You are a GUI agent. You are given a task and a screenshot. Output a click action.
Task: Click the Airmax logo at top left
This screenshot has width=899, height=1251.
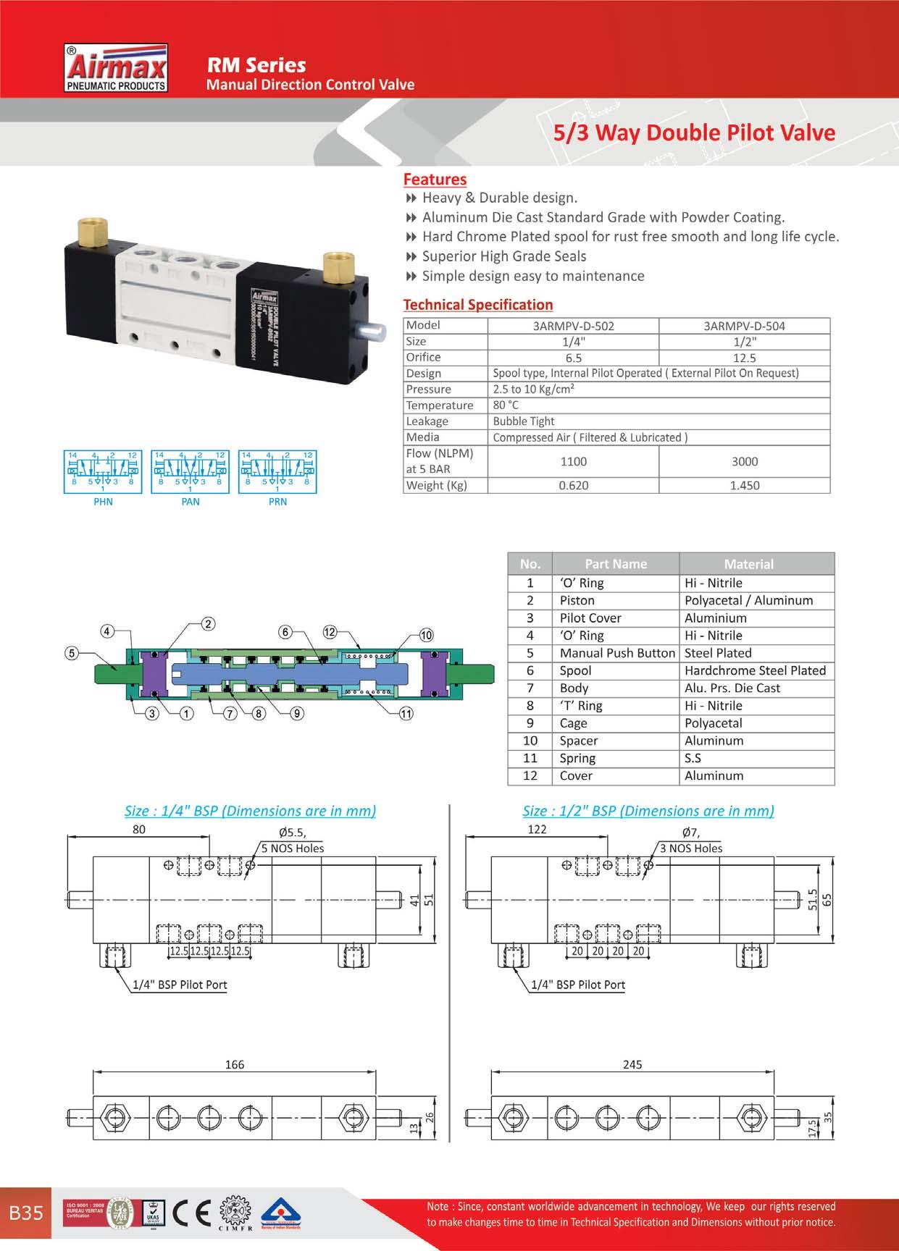[117, 69]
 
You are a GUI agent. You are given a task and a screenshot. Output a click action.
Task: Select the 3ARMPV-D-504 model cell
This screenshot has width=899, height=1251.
[744, 326]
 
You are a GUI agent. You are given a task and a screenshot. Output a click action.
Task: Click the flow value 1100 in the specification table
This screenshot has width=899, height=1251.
[574, 461]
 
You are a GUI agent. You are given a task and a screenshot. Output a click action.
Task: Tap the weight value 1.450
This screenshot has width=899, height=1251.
[744, 485]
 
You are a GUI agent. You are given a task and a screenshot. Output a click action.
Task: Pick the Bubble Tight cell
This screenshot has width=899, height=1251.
[524, 421]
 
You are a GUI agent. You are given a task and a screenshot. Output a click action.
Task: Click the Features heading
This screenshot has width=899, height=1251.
[435, 179]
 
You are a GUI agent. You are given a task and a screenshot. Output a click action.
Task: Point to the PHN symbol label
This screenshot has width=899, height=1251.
[103, 501]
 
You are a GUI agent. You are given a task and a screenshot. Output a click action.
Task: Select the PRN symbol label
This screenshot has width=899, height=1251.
[277, 501]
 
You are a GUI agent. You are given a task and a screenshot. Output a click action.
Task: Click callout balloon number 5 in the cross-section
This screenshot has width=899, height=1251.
[71, 654]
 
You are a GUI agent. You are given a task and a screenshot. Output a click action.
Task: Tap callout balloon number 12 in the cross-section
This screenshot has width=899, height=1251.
[330, 632]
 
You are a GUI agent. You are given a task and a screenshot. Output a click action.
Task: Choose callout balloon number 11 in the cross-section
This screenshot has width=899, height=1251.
[406, 714]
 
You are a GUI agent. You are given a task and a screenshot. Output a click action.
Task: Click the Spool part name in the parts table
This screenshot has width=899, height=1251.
[575, 670]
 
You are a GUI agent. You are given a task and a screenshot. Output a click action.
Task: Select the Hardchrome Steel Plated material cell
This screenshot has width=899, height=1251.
[755, 670]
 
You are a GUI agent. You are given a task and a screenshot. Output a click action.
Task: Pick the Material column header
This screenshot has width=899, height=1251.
[748, 564]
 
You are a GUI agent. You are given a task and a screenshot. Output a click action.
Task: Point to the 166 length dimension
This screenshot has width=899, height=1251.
[235, 1064]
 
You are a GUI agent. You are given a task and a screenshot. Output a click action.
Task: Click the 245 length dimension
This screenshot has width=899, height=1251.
[632, 1064]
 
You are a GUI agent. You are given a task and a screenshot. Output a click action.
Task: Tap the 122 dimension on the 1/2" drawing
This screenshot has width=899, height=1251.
[537, 830]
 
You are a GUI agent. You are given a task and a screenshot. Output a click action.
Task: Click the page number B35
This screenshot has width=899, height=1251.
[26, 1213]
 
